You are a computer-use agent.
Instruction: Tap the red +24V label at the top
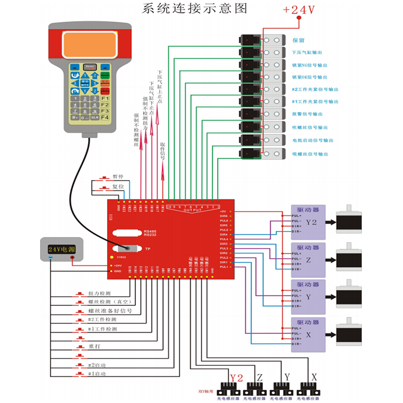pyautogui.click(x=298, y=9)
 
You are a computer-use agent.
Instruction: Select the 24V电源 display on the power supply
pyautogui.click(x=61, y=249)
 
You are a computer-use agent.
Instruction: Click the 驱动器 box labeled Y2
pyautogui.click(x=308, y=221)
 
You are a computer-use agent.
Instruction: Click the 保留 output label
pyautogui.click(x=299, y=40)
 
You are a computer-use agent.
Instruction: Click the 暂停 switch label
pyautogui.click(x=118, y=177)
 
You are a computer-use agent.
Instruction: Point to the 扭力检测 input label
pyautogui.click(x=99, y=294)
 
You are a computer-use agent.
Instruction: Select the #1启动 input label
pyautogui.click(x=97, y=373)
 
